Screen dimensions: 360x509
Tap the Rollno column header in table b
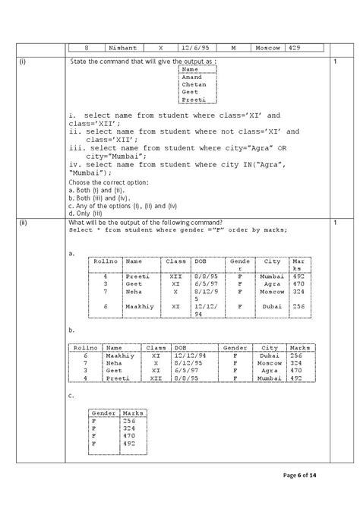pyautogui.click(x=85, y=346)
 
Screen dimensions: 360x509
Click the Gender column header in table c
pyautogui.click(x=103, y=413)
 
